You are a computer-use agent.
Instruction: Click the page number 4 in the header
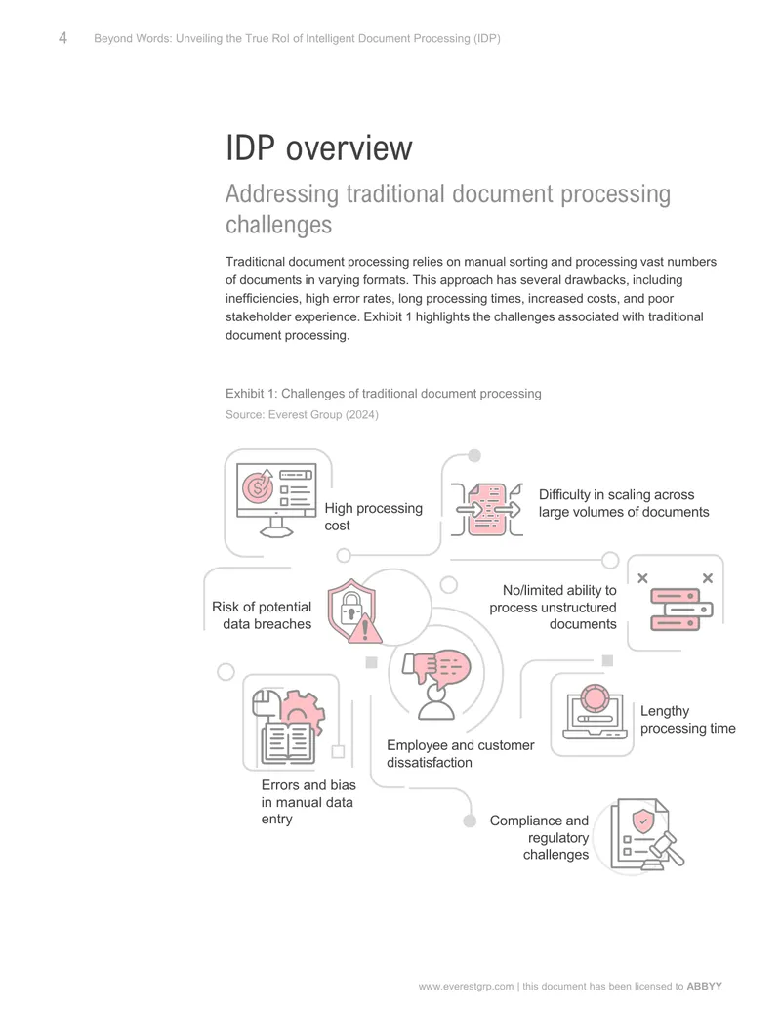click(62, 38)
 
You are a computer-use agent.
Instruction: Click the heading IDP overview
click(318, 148)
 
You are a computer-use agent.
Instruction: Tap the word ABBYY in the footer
click(704, 986)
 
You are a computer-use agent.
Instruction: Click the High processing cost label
click(373, 517)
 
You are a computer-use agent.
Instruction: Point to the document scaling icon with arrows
click(486, 509)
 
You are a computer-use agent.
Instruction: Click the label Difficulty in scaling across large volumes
click(624, 503)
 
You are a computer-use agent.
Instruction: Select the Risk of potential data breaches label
click(262, 615)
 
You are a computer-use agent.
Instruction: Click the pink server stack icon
click(681, 609)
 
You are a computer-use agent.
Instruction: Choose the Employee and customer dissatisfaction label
click(460, 754)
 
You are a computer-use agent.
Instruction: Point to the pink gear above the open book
click(301, 711)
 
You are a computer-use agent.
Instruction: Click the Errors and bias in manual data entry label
click(308, 802)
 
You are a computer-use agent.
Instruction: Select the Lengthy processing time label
click(687, 720)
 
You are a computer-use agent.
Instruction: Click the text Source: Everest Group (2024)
click(302, 414)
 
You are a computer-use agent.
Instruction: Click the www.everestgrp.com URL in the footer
click(466, 986)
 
